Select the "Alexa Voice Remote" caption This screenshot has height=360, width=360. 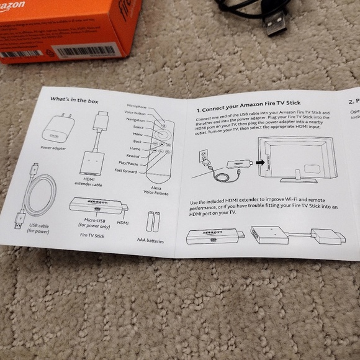click(160, 189)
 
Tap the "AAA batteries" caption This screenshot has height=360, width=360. click(151, 240)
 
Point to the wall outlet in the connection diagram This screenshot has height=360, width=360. click(204, 155)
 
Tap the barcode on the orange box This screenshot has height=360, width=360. click(88, 49)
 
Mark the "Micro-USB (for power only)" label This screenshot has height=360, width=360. click(95, 223)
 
